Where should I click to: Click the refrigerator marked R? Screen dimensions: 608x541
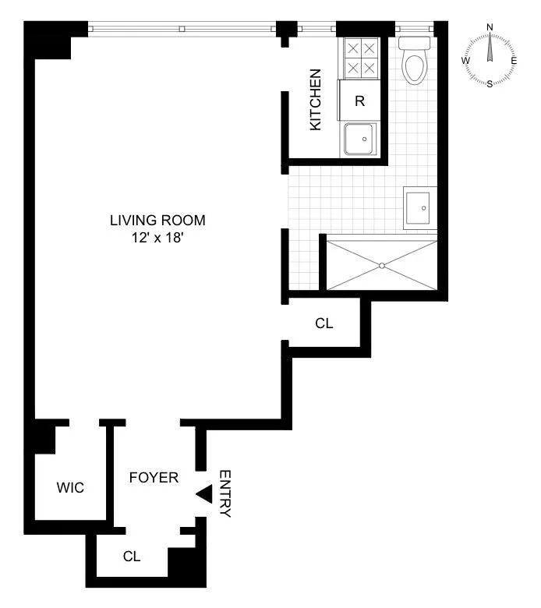point(359,101)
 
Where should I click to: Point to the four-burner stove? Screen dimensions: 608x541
point(359,58)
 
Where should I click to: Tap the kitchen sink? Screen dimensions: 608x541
point(361,140)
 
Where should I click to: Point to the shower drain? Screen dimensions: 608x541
point(382,265)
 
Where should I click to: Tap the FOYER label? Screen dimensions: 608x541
point(154,477)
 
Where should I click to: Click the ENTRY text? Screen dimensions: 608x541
point(225,493)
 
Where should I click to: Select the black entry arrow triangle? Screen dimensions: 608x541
point(204,493)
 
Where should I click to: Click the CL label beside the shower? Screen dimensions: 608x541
point(324,323)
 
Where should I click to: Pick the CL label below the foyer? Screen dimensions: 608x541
point(132,557)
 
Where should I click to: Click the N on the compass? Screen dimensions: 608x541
point(490,27)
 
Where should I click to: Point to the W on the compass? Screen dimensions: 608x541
point(465,60)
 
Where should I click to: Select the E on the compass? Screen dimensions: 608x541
point(514,60)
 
